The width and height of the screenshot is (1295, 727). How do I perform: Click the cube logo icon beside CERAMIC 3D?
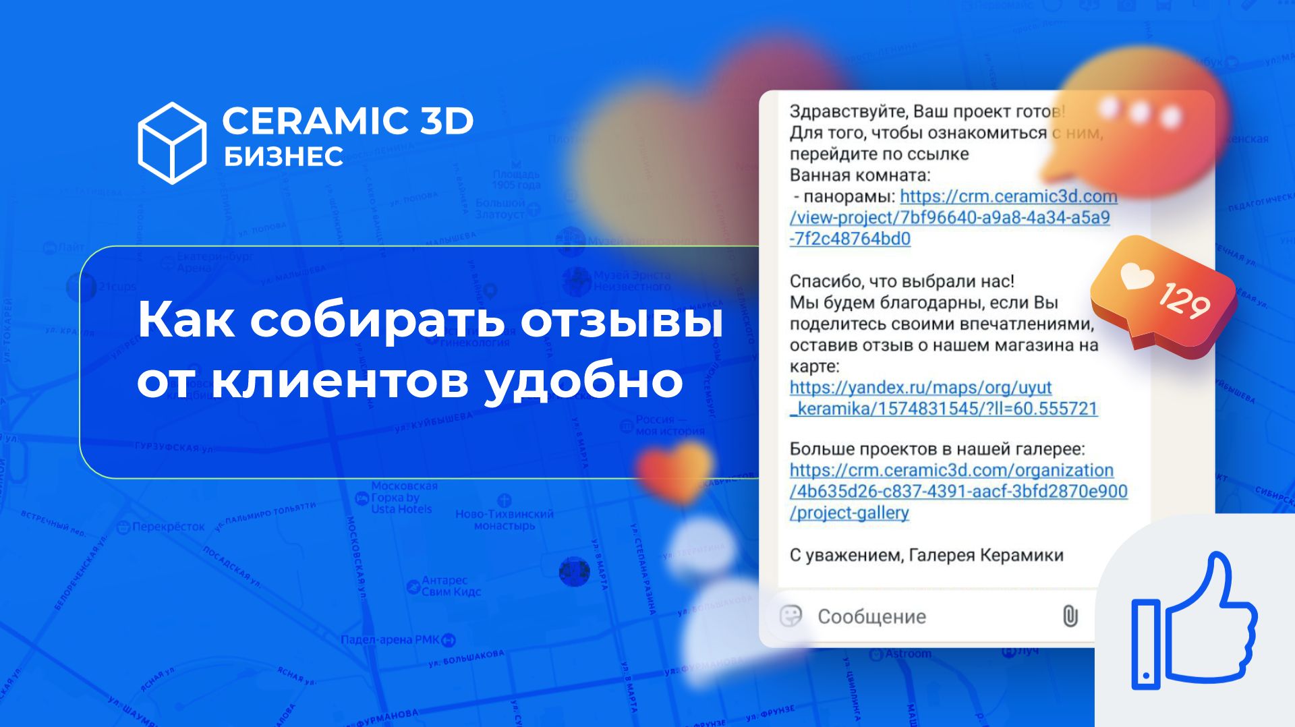tap(172, 143)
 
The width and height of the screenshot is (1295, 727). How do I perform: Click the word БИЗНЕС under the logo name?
tap(283, 156)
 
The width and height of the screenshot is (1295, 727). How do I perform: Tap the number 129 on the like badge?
tap(1184, 301)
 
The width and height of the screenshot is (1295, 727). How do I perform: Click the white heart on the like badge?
tap(1136, 277)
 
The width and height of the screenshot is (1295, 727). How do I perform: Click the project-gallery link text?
tap(850, 513)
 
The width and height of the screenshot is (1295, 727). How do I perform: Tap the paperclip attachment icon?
tap(1070, 616)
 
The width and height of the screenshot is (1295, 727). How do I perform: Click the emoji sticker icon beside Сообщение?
tap(790, 616)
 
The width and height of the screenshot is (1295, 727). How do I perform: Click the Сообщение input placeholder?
tap(871, 616)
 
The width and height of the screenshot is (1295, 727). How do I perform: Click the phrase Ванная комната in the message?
tap(859, 175)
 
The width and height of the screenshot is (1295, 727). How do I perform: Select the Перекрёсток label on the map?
tap(168, 527)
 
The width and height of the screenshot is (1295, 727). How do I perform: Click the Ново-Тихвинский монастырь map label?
tap(504, 519)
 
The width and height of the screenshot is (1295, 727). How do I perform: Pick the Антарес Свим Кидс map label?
tap(451, 585)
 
